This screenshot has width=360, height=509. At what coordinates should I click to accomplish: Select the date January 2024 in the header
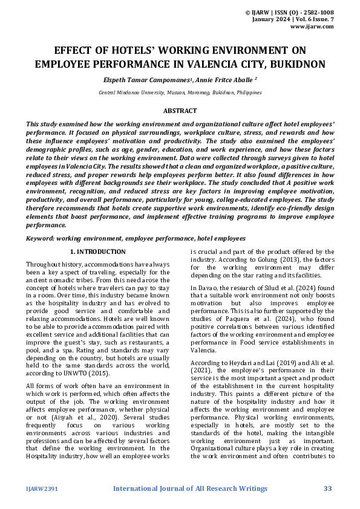(270, 19)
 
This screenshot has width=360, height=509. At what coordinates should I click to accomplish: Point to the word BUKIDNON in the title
(298, 63)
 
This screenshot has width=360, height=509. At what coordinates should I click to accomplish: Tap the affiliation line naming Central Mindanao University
(180, 92)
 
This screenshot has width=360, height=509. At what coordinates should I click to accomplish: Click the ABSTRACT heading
(180, 111)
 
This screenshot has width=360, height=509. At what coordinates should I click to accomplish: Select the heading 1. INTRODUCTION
(98, 251)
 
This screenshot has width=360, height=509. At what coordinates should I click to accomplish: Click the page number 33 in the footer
(327, 488)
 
